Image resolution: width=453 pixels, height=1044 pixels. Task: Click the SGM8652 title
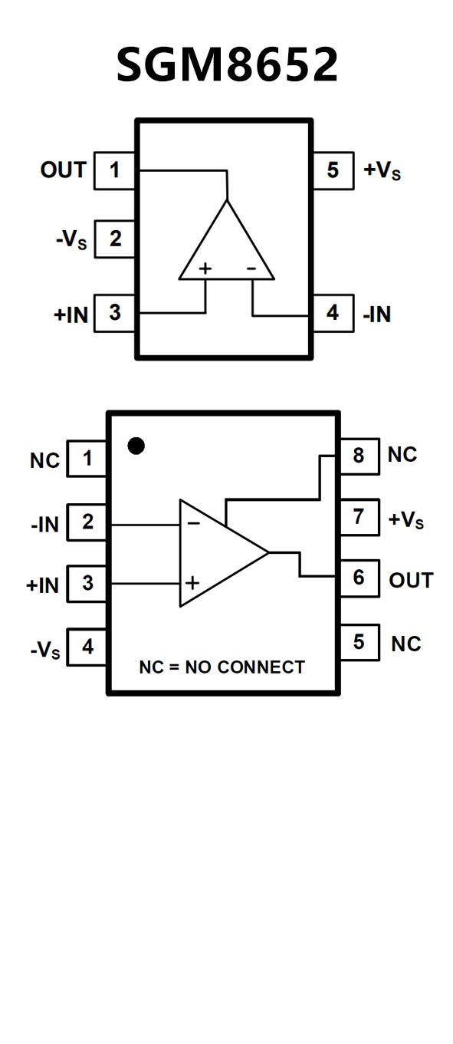click(227, 64)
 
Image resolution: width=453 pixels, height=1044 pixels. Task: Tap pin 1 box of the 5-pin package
click(114, 170)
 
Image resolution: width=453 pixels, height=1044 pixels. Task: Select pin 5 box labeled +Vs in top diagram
click(333, 170)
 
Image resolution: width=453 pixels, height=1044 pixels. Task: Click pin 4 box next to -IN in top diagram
click(333, 313)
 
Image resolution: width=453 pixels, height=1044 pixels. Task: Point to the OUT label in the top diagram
click(64, 170)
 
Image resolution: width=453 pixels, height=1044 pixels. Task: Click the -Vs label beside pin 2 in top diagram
click(71, 240)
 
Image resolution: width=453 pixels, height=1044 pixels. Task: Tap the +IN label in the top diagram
click(71, 315)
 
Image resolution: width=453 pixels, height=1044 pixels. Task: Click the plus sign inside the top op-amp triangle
click(205, 268)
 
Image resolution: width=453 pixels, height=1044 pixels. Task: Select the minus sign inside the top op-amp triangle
click(251, 268)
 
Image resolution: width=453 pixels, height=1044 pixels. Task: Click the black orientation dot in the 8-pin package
click(136, 446)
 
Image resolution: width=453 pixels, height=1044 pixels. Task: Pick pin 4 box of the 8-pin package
click(87, 647)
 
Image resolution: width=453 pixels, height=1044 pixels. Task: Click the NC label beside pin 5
click(406, 644)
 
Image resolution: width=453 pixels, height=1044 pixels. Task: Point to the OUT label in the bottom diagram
click(411, 580)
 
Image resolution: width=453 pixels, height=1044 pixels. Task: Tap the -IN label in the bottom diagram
click(45, 525)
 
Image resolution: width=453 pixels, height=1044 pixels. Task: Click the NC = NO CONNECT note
click(222, 667)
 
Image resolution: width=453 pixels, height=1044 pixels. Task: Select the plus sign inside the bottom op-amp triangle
click(192, 582)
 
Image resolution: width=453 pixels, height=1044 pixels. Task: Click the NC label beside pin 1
click(44, 461)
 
